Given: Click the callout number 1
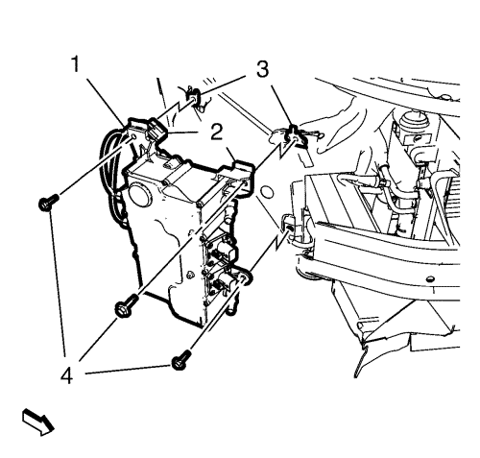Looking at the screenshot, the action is [x=76, y=64].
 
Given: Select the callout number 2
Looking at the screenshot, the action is [x=217, y=132].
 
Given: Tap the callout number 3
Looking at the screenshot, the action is [x=262, y=70].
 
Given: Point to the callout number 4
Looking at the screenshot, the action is [x=67, y=375].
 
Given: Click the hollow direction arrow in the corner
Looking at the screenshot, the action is [x=37, y=422].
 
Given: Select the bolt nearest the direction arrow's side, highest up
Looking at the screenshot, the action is [x=48, y=203].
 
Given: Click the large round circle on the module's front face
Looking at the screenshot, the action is [x=139, y=194].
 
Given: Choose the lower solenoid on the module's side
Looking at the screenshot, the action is [x=224, y=279].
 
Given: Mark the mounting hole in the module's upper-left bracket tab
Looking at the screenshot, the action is [x=133, y=137].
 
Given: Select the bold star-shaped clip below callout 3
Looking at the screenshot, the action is [x=293, y=136].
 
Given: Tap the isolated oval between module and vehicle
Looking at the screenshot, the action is [x=267, y=193].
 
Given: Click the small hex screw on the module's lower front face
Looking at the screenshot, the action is [x=189, y=275].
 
